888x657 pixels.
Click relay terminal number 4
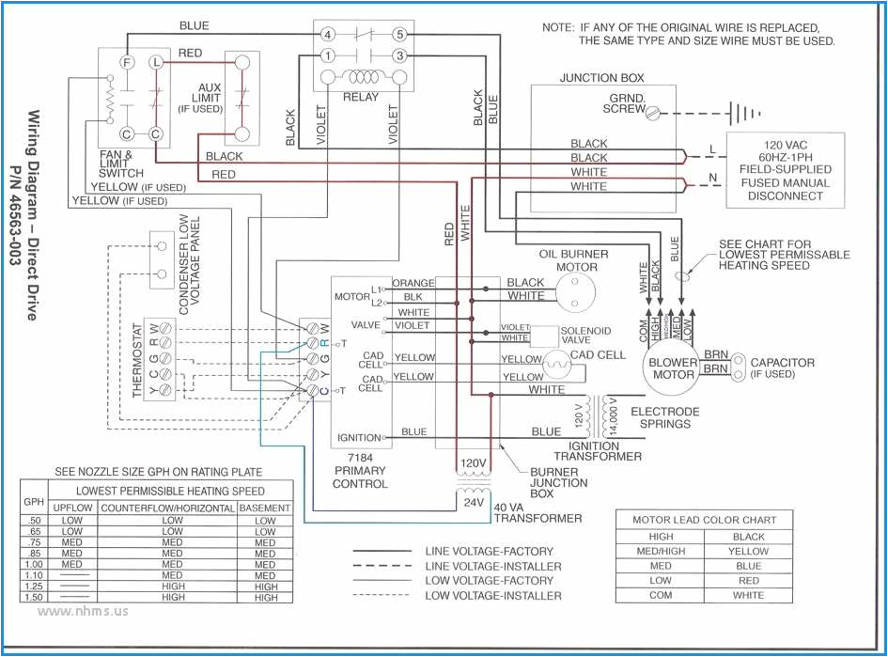(327, 35)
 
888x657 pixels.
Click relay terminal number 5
(398, 35)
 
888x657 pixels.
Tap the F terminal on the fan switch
(126, 61)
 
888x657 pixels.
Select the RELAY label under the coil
(361, 97)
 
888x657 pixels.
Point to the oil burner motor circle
(569, 291)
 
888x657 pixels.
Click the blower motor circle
(673, 368)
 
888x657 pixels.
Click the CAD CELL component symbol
(558, 361)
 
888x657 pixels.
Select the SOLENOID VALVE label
(585, 336)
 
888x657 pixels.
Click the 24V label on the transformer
(472, 503)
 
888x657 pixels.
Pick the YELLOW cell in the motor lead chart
(748, 552)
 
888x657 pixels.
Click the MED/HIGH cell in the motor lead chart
(661, 552)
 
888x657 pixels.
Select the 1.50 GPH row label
(34, 597)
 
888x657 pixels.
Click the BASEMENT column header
(265, 508)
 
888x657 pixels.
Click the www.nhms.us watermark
(83, 611)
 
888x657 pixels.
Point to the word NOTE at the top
(558, 27)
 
